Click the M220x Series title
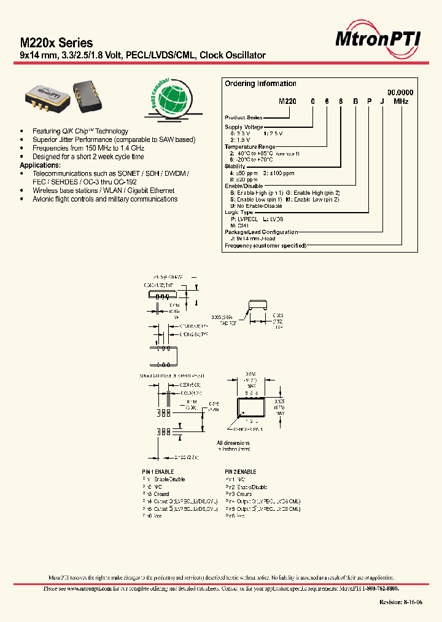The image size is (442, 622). click(x=56, y=43)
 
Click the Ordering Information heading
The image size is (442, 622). click(x=260, y=84)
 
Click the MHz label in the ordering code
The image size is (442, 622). click(x=401, y=101)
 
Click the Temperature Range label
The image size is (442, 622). click(x=250, y=147)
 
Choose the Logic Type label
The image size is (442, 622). click(x=239, y=212)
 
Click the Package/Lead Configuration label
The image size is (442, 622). click(x=262, y=232)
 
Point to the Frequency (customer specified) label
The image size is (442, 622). click(x=265, y=246)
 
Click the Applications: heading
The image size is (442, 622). click(x=40, y=165)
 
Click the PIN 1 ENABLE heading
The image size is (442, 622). click(x=158, y=471)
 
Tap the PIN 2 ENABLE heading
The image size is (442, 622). click(x=241, y=471)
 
